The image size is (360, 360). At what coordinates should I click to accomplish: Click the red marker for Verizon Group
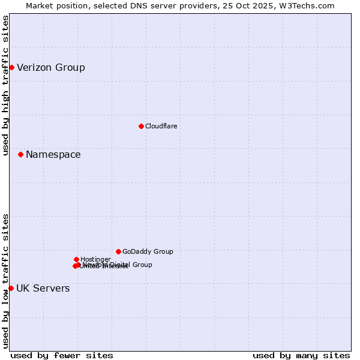pyautogui.click(x=11, y=67)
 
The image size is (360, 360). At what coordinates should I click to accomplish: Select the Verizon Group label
pyautogui.click(x=51, y=67)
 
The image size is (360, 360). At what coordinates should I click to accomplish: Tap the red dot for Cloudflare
pyautogui.click(x=141, y=126)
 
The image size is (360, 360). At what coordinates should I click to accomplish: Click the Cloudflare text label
pyautogui.click(x=161, y=126)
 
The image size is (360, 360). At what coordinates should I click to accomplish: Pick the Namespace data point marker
pyautogui.click(x=20, y=154)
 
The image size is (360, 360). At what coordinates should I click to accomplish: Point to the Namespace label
pyautogui.click(x=53, y=155)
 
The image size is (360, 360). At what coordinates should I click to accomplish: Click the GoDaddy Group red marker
pyautogui.click(x=118, y=251)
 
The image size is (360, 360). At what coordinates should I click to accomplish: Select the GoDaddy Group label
pyautogui.click(x=148, y=252)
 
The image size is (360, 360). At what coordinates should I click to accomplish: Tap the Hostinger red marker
pyautogui.click(x=76, y=259)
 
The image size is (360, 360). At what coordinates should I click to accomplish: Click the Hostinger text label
pyautogui.click(x=95, y=259)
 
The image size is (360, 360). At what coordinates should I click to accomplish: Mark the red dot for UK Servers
pyautogui.click(x=11, y=288)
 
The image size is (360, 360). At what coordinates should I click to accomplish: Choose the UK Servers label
pyautogui.click(x=43, y=289)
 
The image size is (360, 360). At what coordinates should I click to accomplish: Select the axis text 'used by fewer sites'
pyautogui.click(x=62, y=355)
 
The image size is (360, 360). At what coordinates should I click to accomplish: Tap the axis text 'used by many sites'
pyautogui.click(x=301, y=355)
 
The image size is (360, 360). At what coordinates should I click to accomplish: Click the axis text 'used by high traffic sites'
pyautogui.click(x=5, y=85)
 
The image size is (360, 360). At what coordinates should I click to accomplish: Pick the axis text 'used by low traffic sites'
pyautogui.click(x=5, y=281)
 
